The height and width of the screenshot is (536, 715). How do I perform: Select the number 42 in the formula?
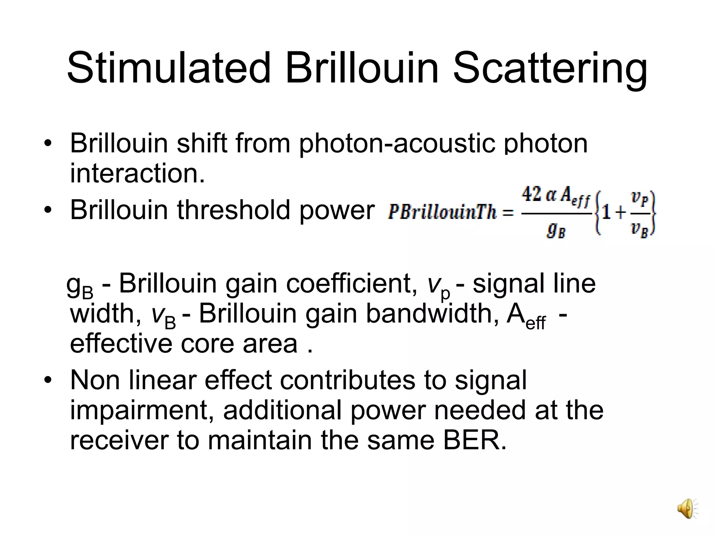point(531,194)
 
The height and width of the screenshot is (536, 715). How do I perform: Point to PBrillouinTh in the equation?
point(442,213)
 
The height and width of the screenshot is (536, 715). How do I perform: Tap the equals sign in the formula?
point(508,213)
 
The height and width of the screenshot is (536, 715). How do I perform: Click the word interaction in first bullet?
point(137,173)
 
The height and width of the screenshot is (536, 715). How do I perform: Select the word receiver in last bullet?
point(119,440)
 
